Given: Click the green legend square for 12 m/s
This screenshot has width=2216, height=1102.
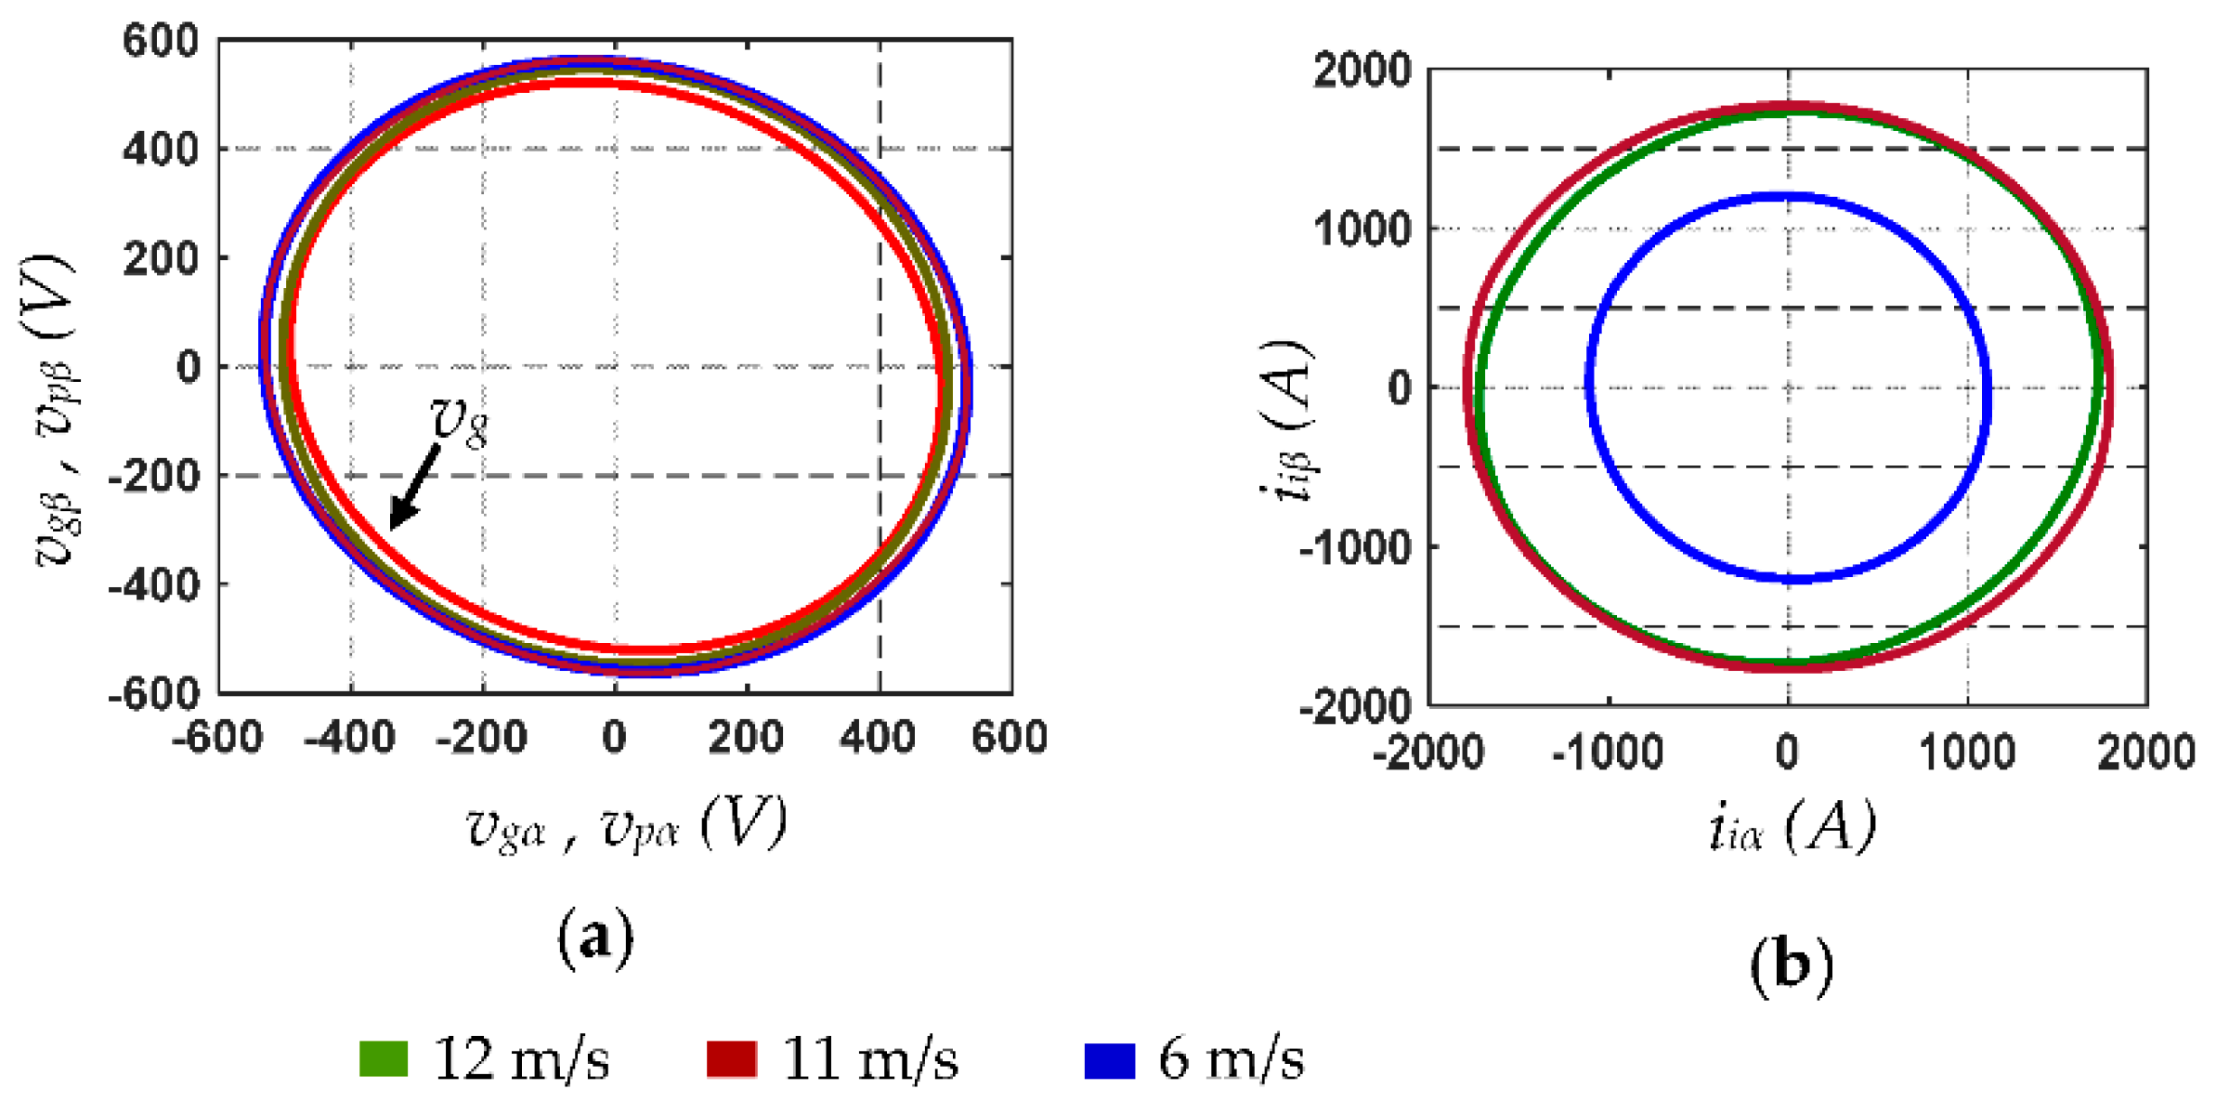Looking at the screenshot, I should click(x=384, y=1059).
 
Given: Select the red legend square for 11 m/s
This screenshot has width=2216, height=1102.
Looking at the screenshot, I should click(x=731, y=1059).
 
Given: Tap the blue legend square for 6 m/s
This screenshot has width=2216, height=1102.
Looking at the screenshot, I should click(x=1109, y=1060).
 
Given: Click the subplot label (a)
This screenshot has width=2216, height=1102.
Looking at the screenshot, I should click(x=595, y=938).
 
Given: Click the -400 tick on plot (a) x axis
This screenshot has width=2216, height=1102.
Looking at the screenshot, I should click(x=350, y=738).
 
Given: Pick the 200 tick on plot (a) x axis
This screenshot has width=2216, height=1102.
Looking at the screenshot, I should click(x=746, y=738).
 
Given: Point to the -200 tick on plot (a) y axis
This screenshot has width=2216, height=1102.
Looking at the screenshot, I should click(x=153, y=477).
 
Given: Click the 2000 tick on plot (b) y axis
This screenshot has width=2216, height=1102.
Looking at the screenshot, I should click(x=1362, y=72).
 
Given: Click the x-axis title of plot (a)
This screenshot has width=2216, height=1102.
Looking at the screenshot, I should click(x=626, y=823).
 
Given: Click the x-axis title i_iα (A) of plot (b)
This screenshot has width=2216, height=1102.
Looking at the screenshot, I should click(x=1791, y=827).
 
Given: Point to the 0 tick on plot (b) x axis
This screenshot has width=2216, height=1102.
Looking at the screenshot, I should click(x=1787, y=752).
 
